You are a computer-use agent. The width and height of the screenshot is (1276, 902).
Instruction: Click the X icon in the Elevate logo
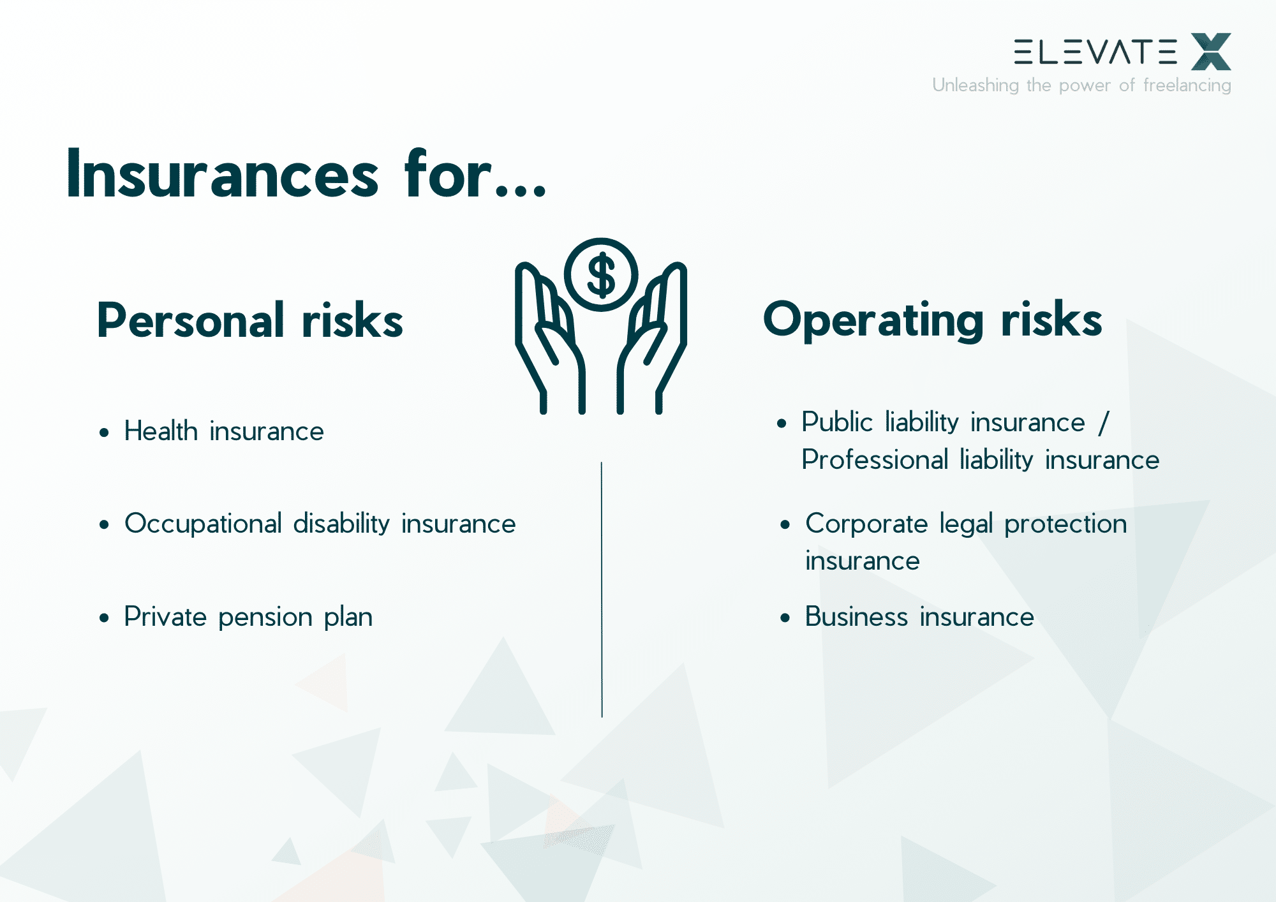click(x=1210, y=52)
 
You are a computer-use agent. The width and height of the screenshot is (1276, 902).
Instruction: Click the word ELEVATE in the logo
click(x=1095, y=52)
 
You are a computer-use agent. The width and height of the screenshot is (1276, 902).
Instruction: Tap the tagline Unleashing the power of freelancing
click(x=1081, y=85)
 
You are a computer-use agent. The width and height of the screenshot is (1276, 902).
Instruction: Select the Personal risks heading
click(x=249, y=320)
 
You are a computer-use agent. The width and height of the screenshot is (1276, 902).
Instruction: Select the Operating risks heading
click(x=932, y=320)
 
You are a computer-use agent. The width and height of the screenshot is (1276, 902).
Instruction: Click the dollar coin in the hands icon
click(x=600, y=275)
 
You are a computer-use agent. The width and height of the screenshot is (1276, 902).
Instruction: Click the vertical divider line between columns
click(x=601, y=590)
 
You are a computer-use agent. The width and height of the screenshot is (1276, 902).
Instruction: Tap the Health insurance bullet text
click(x=223, y=431)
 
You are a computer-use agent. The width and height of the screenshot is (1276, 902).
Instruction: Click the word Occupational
click(x=203, y=524)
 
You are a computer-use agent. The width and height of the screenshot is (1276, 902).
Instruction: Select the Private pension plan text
click(x=248, y=617)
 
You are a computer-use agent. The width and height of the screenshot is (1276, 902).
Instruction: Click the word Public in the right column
click(x=836, y=422)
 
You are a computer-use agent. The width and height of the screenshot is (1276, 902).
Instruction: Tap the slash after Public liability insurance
click(x=1104, y=422)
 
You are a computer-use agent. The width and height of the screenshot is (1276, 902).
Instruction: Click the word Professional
click(x=874, y=460)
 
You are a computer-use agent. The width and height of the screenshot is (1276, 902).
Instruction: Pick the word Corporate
click(x=866, y=524)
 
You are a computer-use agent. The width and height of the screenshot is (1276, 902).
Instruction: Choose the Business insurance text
click(x=919, y=617)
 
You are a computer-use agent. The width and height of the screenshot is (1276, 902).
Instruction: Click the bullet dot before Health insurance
click(x=105, y=433)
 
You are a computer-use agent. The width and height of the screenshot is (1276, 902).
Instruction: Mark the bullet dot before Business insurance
click(x=785, y=618)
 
